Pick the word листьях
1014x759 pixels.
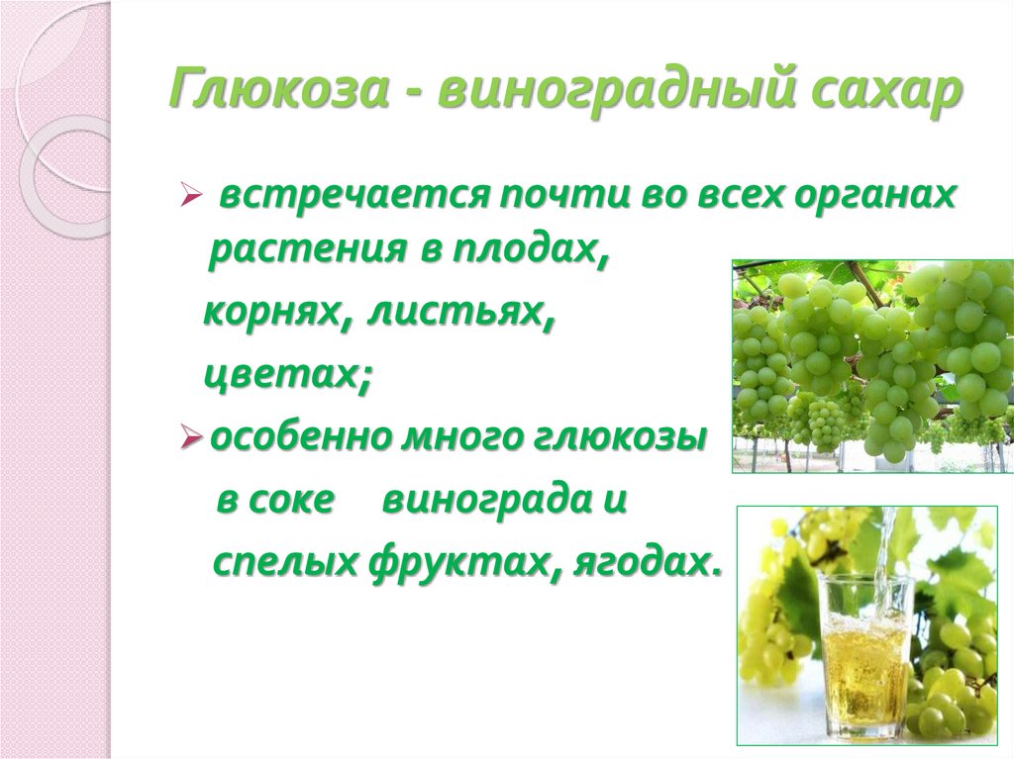(x=459, y=315)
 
